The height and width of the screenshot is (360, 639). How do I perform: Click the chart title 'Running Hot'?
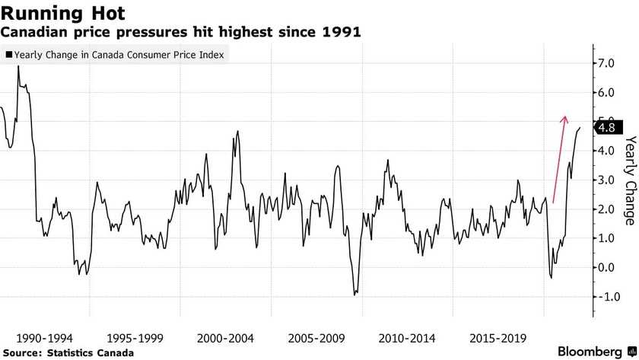[x=62, y=13]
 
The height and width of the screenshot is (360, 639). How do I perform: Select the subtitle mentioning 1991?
[x=181, y=33]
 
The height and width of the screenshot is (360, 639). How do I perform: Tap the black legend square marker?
[x=9, y=56]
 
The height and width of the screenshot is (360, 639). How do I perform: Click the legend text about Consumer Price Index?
[x=119, y=56]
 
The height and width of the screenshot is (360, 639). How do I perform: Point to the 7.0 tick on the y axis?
[x=606, y=64]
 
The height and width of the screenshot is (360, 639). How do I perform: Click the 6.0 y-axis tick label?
[x=606, y=93]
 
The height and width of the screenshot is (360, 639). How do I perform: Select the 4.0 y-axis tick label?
[x=606, y=151]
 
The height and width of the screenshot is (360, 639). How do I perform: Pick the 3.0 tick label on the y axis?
[x=606, y=180]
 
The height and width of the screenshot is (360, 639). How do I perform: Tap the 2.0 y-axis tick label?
[x=606, y=209]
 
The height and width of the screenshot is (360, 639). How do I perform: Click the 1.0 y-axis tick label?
[x=606, y=238]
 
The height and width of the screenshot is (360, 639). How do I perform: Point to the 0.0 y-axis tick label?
[x=606, y=267]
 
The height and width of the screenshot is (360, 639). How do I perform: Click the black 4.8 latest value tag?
[x=609, y=128]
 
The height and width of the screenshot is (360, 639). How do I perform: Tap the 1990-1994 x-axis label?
[x=44, y=336]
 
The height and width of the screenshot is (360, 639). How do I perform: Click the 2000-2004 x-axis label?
[x=226, y=336]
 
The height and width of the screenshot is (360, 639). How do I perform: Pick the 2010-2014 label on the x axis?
[x=408, y=336]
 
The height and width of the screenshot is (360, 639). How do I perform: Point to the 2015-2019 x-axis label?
[x=498, y=336]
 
